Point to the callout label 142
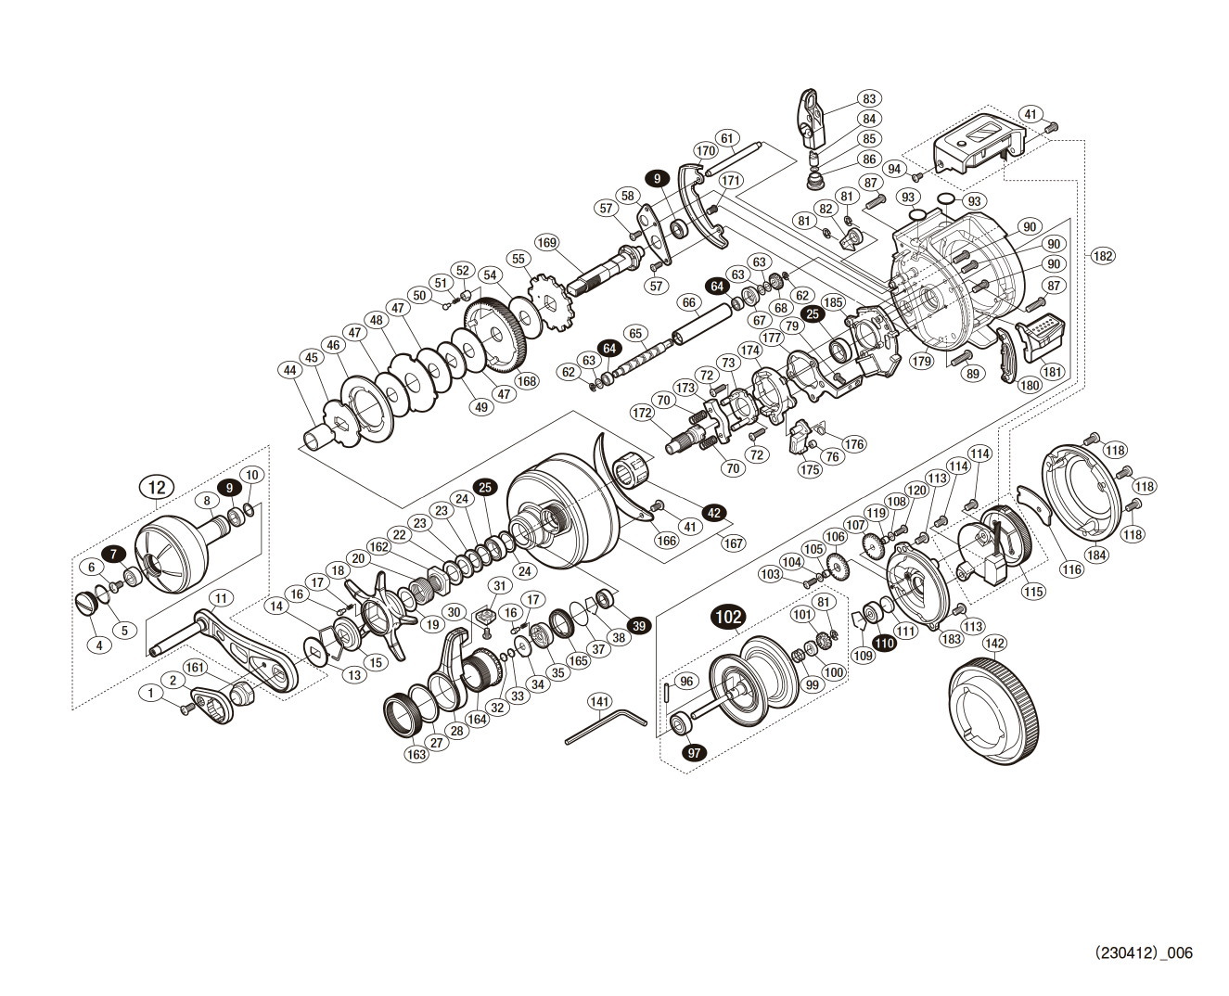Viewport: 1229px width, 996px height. (993, 644)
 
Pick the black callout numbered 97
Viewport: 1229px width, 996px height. (692, 753)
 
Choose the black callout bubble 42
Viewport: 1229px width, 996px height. (713, 512)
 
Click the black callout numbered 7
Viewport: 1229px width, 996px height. (113, 554)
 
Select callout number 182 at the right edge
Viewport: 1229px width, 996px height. (1102, 257)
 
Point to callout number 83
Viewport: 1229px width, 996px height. (868, 98)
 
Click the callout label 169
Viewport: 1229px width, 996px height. (546, 243)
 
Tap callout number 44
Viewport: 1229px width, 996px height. (291, 369)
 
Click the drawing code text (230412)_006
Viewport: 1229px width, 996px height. (1143, 952)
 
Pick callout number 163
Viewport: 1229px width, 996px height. (416, 755)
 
